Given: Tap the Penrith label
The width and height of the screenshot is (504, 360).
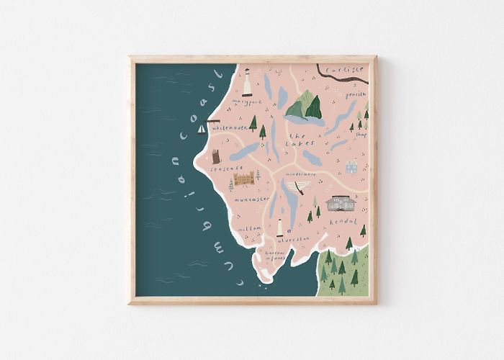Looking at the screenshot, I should [x=356, y=94].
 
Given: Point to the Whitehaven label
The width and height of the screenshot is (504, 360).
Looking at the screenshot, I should [x=230, y=127].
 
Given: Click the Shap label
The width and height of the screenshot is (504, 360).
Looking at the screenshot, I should [x=361, y=135].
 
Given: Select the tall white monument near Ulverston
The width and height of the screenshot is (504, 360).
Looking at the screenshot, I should [x=280, y=228].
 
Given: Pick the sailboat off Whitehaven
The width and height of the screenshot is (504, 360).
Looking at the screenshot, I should [x=202, y=130].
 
